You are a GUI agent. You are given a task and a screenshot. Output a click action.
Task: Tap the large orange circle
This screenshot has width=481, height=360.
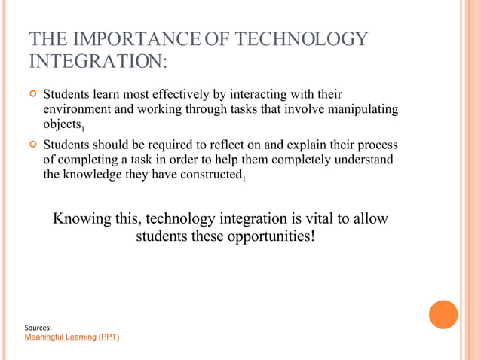443,314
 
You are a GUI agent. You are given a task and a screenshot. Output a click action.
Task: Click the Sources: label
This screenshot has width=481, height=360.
38,328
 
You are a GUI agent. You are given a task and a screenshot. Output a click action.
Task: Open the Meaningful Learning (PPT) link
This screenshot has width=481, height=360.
72,337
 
